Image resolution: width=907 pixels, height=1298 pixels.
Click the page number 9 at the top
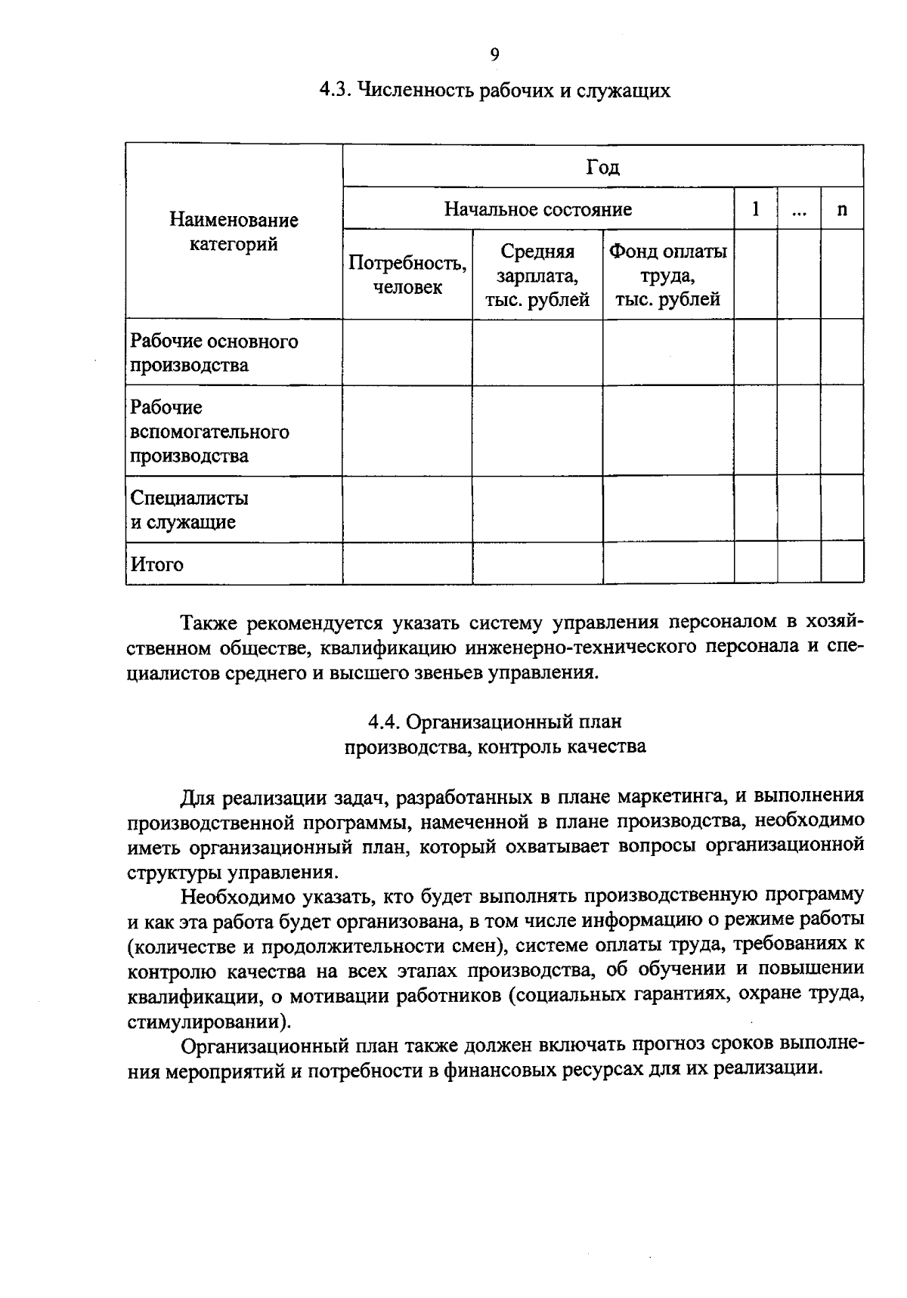(494, 54)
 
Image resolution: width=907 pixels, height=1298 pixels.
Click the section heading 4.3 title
(494, 91)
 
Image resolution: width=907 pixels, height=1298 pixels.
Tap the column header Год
(602, 167)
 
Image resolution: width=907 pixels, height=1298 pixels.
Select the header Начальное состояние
(537, 209)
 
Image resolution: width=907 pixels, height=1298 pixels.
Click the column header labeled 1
(755, 209)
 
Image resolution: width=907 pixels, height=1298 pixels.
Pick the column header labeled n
(842, 209)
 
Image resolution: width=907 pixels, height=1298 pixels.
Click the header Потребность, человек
(407, 275)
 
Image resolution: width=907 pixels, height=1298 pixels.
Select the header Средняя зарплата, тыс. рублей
(537, 275)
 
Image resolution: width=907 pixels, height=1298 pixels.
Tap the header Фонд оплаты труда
(668, 275)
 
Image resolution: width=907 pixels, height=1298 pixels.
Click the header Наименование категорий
(234, 232)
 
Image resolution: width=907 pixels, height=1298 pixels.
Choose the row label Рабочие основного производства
(214, 353)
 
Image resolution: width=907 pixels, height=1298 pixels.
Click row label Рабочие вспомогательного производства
(209, 431)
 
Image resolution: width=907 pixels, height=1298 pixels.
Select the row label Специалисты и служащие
(189, 510)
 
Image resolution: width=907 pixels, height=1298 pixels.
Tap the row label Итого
(157, 564)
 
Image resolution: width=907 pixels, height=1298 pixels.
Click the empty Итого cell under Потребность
(407, 563)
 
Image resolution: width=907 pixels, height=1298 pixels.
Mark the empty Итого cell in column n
(842, 563)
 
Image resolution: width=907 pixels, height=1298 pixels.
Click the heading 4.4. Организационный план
(495, 722)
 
